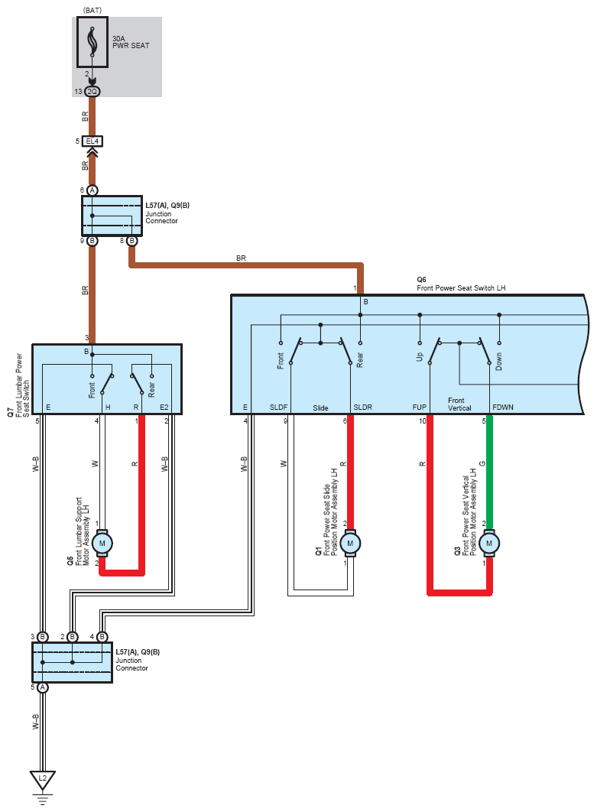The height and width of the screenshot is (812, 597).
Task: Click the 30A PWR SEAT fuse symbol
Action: (x=92, y=42)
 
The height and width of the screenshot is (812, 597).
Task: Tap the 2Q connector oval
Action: (x=92, y=92)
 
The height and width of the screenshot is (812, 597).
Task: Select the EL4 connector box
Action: (x=92, y=141)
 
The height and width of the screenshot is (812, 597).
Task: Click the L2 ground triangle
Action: (x=43, y=779)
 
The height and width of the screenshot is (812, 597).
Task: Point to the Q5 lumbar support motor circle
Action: (x=102, y=543)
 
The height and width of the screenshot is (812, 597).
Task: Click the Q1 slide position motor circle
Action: (x=350, y=543)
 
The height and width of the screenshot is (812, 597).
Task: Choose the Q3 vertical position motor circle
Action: (x=488, y=543)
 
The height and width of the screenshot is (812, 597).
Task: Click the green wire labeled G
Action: (x=488, y=472)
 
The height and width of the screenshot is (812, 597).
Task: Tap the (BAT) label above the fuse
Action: (x=92, y=11)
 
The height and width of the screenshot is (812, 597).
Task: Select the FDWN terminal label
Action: (x=503, y=407)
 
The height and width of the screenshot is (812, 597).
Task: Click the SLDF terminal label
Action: (x=278, y=407)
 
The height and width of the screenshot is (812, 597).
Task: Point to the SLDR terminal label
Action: (x=362, y=407)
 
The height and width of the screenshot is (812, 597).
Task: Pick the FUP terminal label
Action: (x=419, y=407)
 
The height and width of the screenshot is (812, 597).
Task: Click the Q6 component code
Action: (x=421, y=280)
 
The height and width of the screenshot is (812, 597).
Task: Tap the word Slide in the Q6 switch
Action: (x=320, y=408)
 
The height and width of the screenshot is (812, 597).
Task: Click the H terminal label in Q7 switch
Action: (x=108, y=407)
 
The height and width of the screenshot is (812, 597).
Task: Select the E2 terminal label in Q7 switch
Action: (x=164, y=407)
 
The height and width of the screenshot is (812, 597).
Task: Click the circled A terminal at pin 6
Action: (x=92, y=190)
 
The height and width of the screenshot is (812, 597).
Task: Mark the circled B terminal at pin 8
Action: (x=131, y=241)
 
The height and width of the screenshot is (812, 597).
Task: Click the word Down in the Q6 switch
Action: (x=498, y=361)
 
